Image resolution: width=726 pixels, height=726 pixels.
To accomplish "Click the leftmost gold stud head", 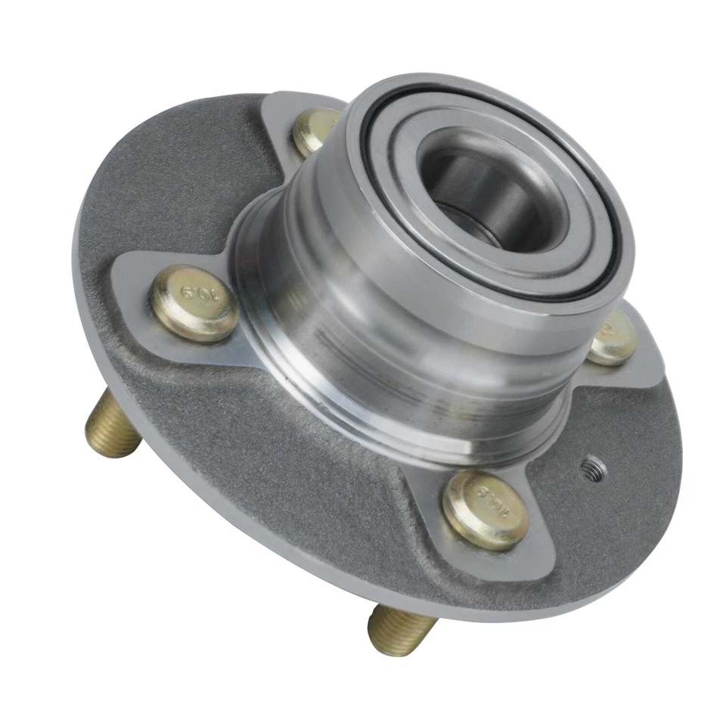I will (x=194, y=302).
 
